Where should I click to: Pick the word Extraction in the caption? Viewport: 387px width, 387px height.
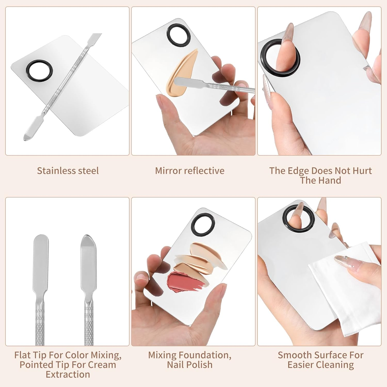click(x=68, y=374)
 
